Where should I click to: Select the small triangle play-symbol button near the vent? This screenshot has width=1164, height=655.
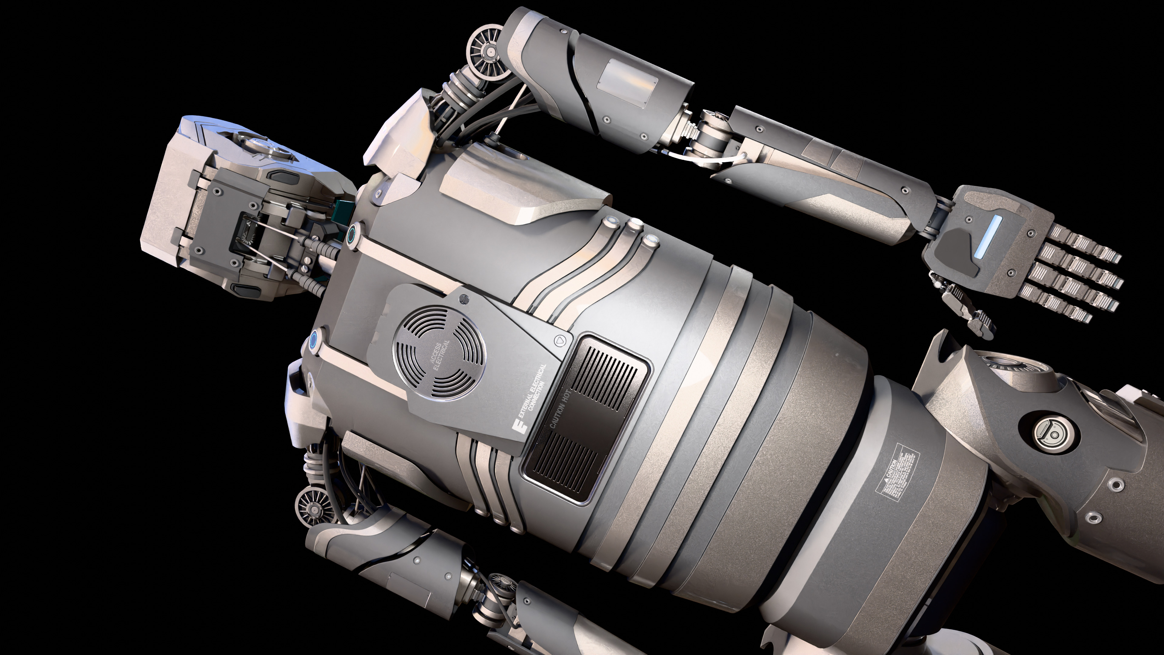pos(559,339)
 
